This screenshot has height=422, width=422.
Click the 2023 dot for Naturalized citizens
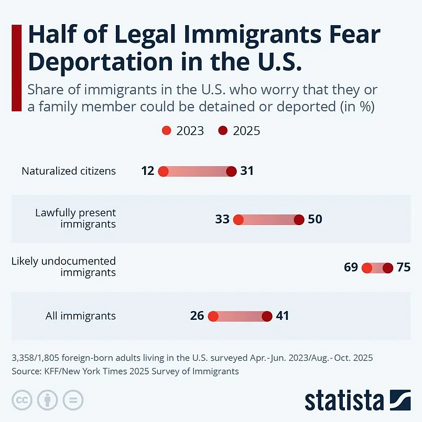(x=164, y=171)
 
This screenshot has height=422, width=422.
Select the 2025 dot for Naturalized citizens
(x=231, y=171)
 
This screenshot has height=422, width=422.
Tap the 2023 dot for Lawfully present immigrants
(x=238, y=219)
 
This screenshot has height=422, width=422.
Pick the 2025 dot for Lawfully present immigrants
(x=299, y=219)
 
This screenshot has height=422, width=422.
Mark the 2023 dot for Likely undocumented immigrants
(x=367, y=268)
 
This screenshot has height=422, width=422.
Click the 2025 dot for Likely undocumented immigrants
(x=388, y=268)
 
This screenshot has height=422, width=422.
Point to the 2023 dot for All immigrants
(x=213, y=316)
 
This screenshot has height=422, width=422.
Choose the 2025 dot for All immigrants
(x=267, y=316)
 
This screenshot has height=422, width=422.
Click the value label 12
(x=148, y=171)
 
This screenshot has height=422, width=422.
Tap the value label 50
(x=315, y=219)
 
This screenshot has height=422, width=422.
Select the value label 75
(x=404, y=267)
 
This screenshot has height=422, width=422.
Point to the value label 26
(x=197, y=316)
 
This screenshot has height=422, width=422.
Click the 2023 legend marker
(x=167, y=131)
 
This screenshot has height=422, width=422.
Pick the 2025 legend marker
(x=223, y=131)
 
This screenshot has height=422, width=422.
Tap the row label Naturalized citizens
(x=69, y=171)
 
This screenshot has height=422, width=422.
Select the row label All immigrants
(x=81, y=316)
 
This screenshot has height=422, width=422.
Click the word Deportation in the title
(x=100, y=62)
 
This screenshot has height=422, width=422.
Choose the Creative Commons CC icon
(x=22, y=400)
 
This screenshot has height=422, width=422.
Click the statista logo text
(x=344, y=400)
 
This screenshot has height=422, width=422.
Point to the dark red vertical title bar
(x=16, y=68)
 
